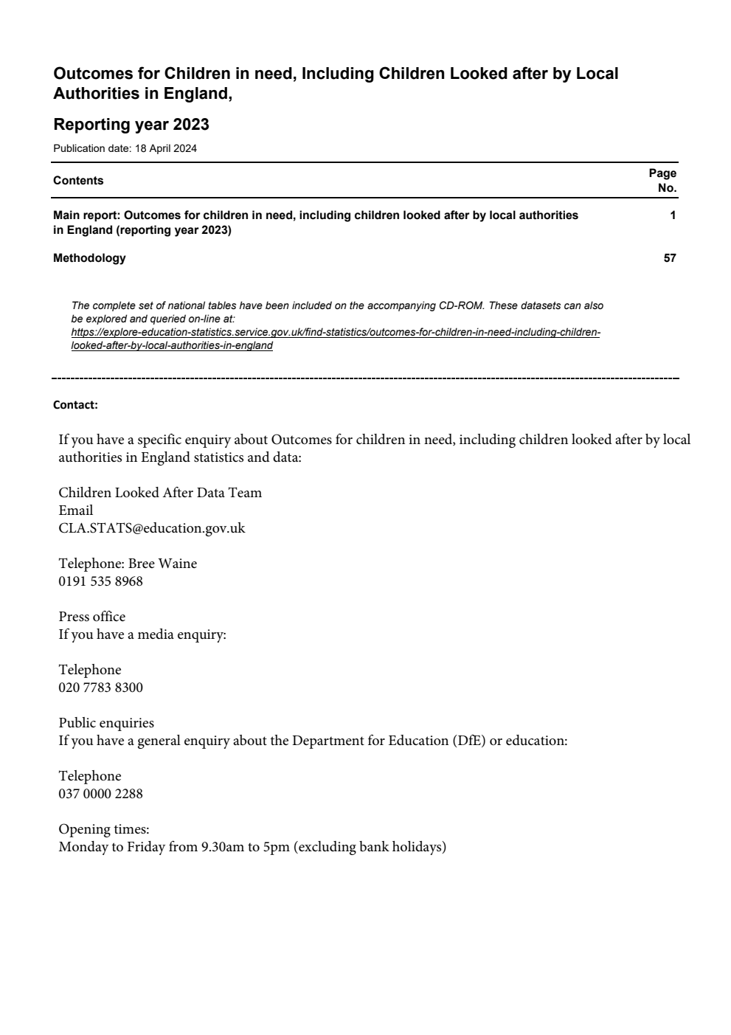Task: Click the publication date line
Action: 125,148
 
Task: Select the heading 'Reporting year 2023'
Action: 131,124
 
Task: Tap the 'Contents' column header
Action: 78,181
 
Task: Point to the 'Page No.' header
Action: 662,181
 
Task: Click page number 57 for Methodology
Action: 669,258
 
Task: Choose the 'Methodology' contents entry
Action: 89,258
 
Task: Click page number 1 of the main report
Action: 673,215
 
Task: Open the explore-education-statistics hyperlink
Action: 336,339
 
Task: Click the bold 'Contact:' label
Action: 75,405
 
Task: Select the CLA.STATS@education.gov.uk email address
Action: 152,528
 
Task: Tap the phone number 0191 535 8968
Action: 101,581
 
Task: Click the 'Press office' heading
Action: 92,617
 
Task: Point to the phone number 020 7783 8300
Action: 101,688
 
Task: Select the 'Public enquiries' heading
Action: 106,723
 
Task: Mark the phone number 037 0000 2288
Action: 101,794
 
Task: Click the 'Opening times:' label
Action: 104,829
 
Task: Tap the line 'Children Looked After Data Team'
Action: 160,493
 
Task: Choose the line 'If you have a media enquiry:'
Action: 142,634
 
